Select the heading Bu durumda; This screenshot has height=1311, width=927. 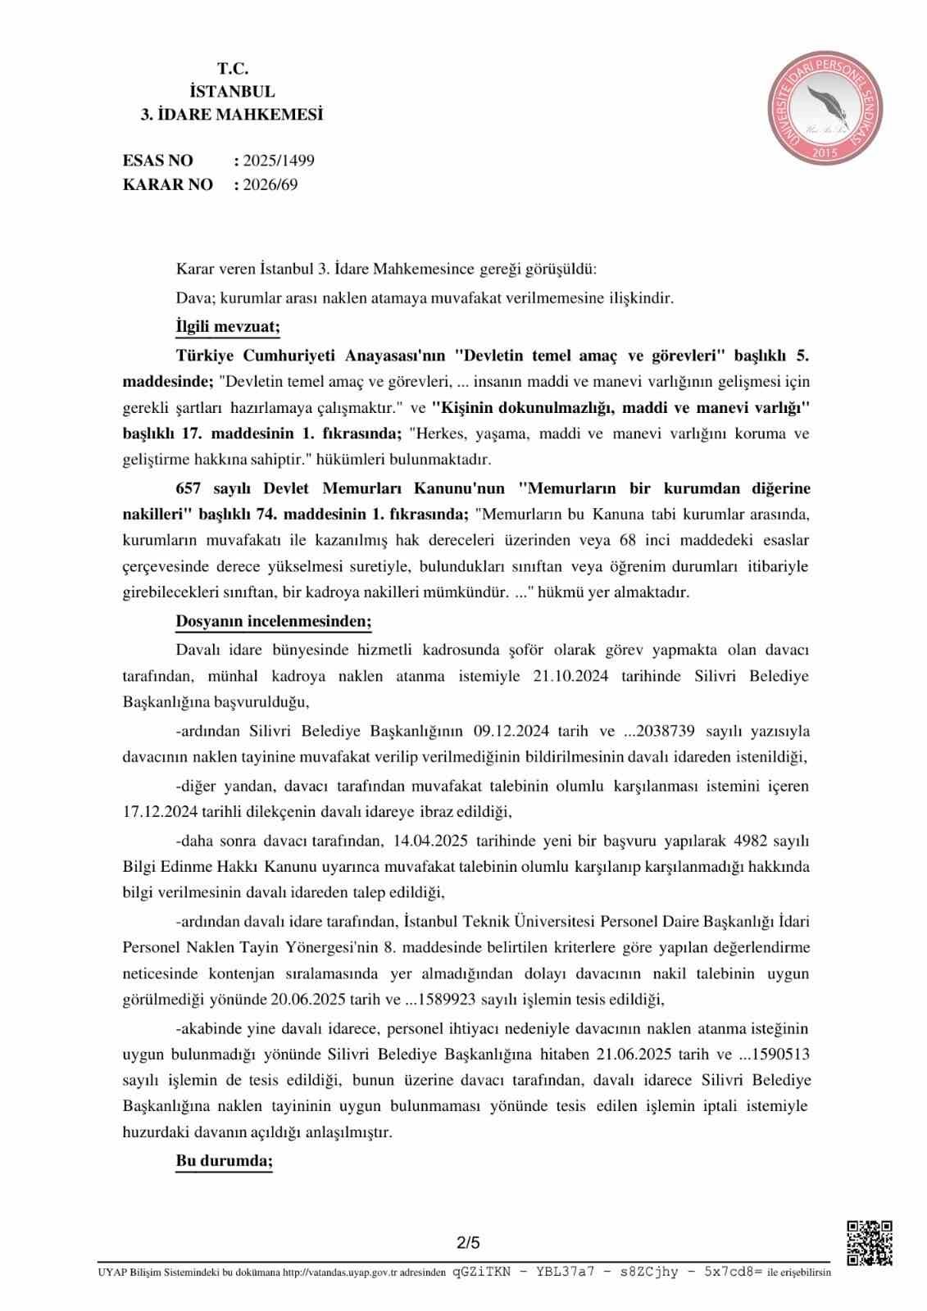(x=224, y=1161)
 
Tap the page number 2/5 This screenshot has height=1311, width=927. (x=469, y=1243)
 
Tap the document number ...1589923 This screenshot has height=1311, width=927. (x=448, y=1000)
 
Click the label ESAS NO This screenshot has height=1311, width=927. (x=158, y=161)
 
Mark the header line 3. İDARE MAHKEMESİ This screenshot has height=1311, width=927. (x=232, y=115)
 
